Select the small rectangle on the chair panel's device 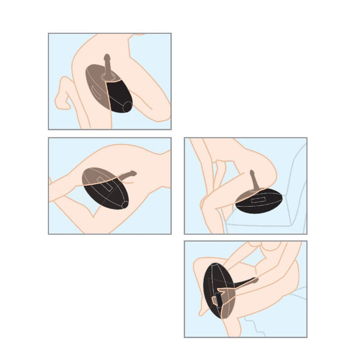tap(257, 197)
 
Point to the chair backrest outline tap(301, 170)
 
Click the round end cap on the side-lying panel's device tap(124, 205)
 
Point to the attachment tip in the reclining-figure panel tap(255, 281)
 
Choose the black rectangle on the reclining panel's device tap(213, 300)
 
